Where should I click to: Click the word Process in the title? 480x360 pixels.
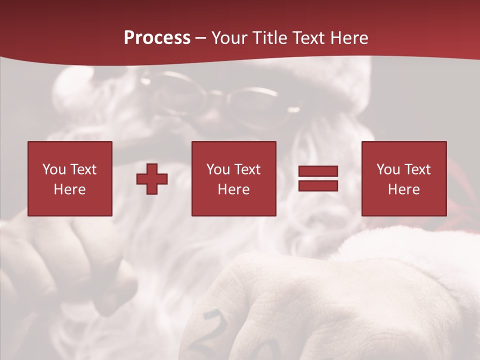157,37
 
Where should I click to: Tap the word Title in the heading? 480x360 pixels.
271,37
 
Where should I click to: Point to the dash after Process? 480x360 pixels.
201,38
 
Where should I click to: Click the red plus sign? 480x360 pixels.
152,178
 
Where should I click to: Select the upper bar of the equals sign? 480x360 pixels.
318,172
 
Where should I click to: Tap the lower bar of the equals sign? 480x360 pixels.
318,185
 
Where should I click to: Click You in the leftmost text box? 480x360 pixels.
53,169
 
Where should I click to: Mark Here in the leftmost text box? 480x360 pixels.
69,189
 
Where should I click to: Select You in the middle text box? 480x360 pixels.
217,169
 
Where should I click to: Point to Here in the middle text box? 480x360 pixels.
233,189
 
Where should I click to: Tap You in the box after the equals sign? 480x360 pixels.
387,169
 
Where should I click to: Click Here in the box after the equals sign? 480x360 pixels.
403,189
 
